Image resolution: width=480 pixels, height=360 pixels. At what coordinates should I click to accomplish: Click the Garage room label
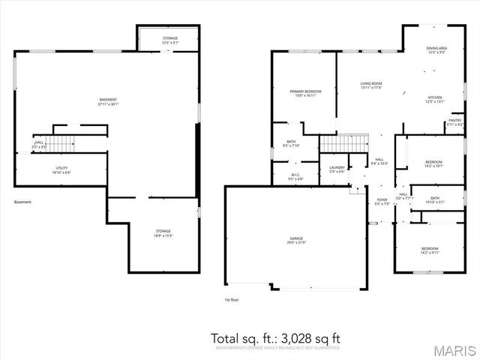297,241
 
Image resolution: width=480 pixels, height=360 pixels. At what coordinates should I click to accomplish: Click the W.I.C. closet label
298,177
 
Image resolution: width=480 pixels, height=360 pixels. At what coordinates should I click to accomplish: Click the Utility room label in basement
62,170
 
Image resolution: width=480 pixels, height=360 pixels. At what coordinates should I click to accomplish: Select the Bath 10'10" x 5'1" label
435,199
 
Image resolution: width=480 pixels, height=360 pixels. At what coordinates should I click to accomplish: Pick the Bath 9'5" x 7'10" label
291,144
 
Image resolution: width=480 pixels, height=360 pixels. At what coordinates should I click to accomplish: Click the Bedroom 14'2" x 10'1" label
434,164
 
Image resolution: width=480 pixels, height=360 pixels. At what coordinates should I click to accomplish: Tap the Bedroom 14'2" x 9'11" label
429,250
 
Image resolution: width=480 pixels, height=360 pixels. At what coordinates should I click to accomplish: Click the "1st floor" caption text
232,300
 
